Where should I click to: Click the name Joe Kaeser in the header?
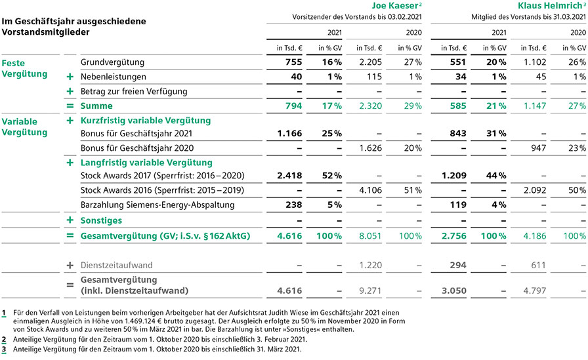point(394,6)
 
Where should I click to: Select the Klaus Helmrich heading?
point(549,6)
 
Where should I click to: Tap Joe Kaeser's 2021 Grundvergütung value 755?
point(293,62)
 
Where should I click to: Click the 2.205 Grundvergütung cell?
point(371,62)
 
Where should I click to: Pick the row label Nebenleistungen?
point(114,77)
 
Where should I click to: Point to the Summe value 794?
point(293,106)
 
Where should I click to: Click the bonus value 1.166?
point(289,133)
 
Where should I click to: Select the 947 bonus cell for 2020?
point(538,148)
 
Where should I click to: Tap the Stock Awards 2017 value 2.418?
point(289,175)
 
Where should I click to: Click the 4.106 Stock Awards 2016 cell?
point(371,190)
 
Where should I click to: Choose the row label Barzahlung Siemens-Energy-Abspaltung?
point(157,205)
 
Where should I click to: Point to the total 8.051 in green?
point(370,236)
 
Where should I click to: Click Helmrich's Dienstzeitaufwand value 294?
point(458,265)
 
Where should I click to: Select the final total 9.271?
point(370,290)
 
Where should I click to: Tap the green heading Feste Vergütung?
point(24,69)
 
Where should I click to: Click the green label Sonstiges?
point(101,220)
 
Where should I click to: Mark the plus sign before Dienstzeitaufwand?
point(70,265)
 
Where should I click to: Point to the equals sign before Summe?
point(70,106)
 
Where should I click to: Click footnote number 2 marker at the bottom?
point(4,340)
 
